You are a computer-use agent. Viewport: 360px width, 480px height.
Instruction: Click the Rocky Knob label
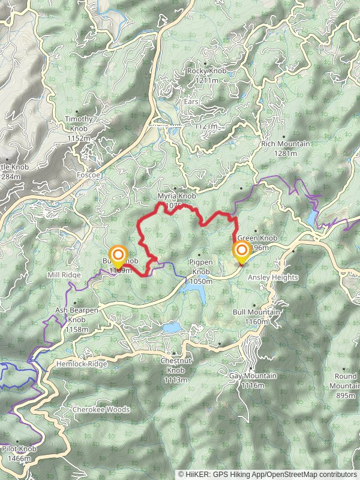(x=206, y=71)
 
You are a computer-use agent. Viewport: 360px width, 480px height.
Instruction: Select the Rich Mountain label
(x=286, y=144)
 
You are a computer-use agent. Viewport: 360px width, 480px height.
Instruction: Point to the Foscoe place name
(x=88, y=175)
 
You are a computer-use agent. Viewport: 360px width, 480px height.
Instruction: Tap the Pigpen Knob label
(x=201, y=263)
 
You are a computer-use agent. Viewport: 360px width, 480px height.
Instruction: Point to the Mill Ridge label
(x=64, y=275)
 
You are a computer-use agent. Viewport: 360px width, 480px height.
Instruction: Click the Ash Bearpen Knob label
(x=77, y=310)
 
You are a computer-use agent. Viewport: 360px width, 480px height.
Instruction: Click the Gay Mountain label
(x=253, y=376)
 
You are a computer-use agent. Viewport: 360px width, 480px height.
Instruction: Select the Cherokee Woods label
(x=101, y=410)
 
